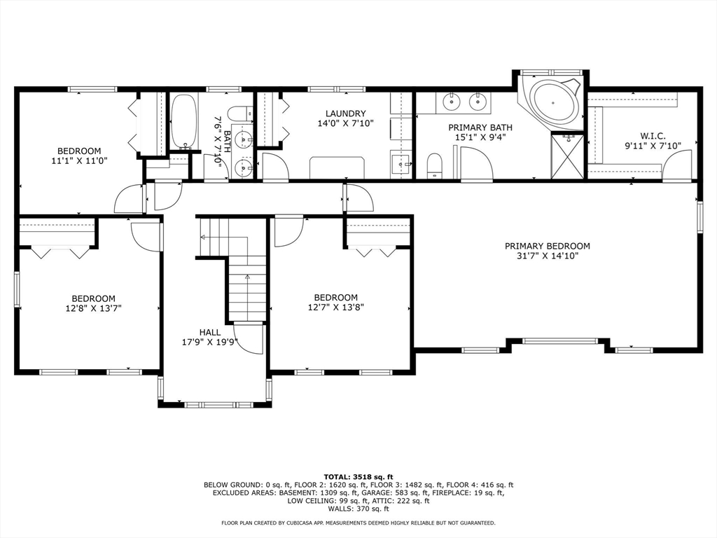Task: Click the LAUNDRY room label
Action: (346, 113)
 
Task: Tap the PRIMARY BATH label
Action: (480, 127)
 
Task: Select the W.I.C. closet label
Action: (653, 136)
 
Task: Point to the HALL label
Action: (210, 333)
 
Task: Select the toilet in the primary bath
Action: (435, 165)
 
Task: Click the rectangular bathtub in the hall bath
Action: (185, 122)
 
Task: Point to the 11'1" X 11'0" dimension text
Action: (79, 160)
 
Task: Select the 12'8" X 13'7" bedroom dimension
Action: (93, 308)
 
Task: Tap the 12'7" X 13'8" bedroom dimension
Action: (335, 308)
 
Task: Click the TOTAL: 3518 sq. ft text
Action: (358, 476)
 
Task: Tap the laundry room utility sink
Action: (401, 164)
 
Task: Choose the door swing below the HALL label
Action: (249, 338)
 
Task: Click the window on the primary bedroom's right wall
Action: (699, 216)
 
